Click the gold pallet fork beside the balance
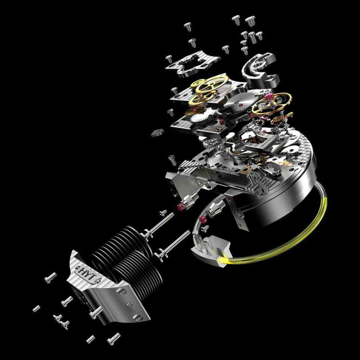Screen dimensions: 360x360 coord(281,118)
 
